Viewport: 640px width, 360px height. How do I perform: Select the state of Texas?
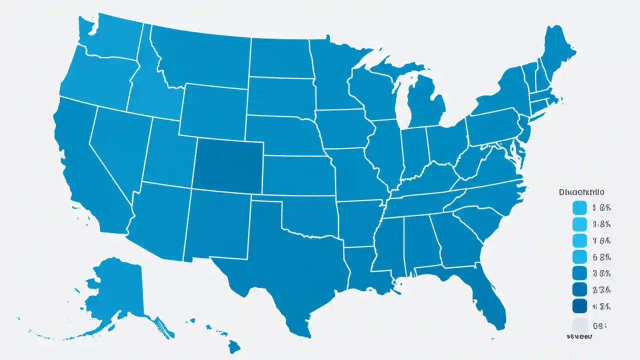[x=280, y=260]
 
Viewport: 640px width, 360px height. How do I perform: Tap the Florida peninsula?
[x=487, y=295]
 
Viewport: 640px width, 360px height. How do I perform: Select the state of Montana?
[x=200, y=55]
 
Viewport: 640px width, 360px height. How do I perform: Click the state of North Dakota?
[x=280, y=57]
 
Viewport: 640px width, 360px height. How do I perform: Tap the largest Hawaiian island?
[x=234, y=345]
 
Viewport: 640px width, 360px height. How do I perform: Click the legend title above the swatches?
[x=580, y=191]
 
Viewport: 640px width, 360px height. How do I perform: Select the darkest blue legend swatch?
[x=579, y=306]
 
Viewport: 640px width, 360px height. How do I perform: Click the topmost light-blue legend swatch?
[x=579, y=207]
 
